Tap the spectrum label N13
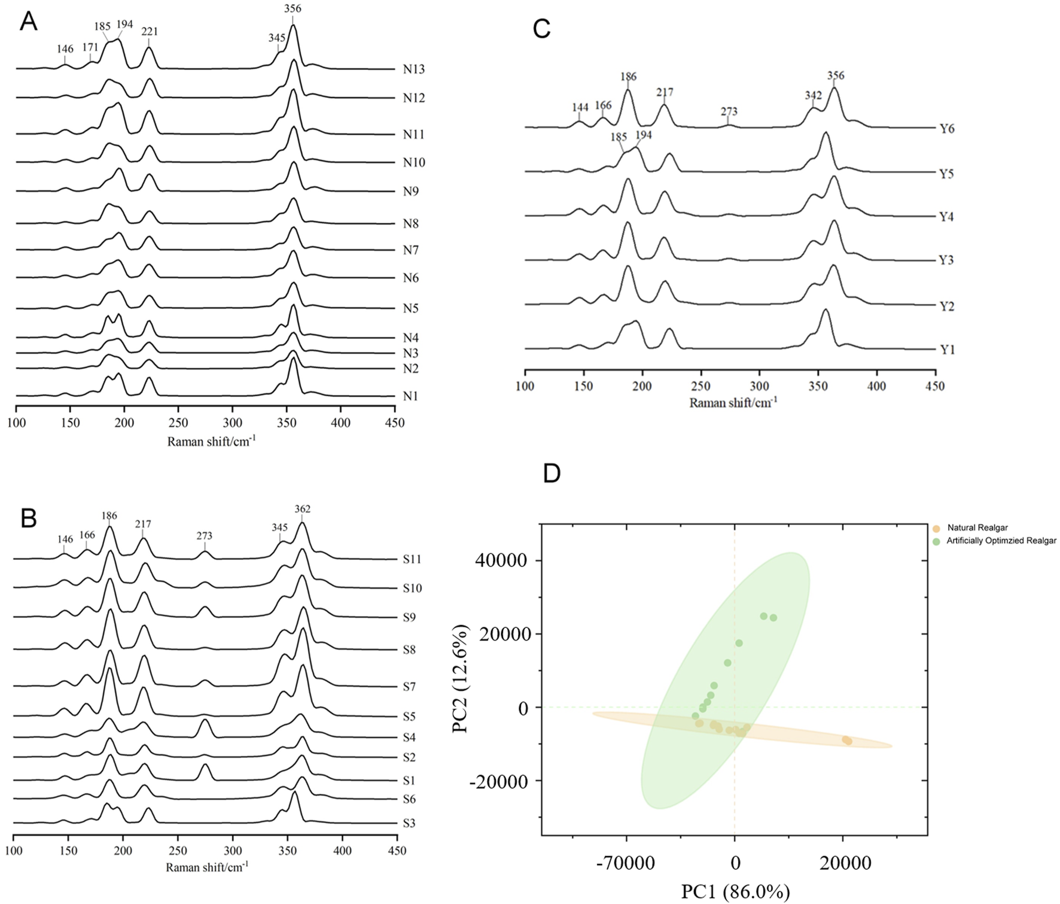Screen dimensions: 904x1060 (413, 69)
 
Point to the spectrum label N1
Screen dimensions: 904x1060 (410, 396)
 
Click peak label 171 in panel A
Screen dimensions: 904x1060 (90, 47)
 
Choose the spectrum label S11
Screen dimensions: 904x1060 (412, 560)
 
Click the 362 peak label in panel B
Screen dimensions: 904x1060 (302, 509)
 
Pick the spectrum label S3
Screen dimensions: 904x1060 (409, 823)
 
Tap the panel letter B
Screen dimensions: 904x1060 (29, 519)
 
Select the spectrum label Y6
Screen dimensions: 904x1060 (947, 129)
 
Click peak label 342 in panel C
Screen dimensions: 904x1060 (813, 96)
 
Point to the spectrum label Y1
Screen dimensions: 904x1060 (947, 350)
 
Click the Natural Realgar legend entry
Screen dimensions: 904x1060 (976, 528)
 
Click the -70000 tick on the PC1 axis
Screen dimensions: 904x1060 (626, 863)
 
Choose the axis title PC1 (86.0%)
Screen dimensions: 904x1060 (735, 891)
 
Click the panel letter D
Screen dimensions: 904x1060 (551, 473)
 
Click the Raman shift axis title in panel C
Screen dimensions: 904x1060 (733, 402)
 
